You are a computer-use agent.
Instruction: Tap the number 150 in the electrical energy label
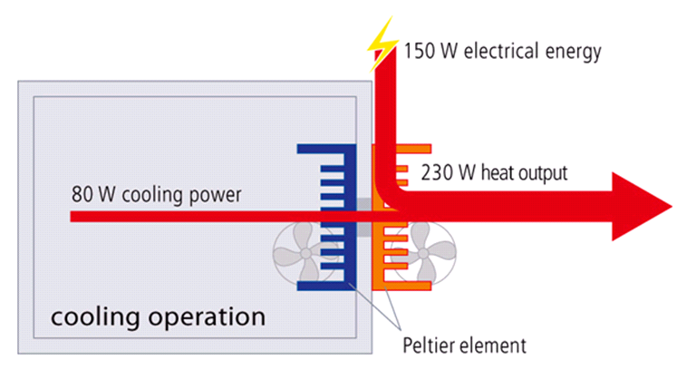(420, 51)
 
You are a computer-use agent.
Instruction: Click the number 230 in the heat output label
(438, 172)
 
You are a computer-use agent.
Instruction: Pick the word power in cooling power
(217, 194)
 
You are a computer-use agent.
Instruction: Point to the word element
(494, 345)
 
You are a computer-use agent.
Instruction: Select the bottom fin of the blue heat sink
(321, 287)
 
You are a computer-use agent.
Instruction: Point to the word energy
(574, 51)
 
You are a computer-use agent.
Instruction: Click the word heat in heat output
(492, 172)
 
